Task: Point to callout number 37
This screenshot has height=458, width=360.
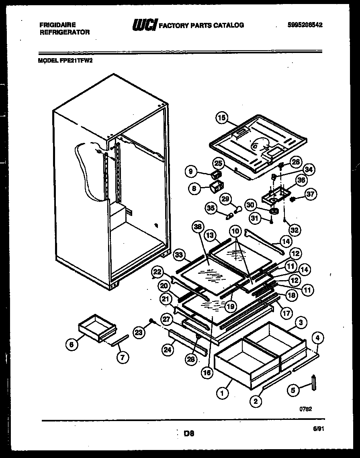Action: click(x=311, y=195)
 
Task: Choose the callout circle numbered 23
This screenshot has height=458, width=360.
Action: click(x=139, y=332)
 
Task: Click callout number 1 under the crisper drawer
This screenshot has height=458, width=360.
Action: click(x=221, y=394)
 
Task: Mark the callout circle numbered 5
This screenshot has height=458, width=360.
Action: click(x=294, y=389)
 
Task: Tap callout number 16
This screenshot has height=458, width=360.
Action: click(x=207, y=373)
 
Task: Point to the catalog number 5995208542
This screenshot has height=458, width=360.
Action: click(x=305, y=25)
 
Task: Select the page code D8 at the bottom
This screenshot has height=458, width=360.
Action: click(x=189, y=434)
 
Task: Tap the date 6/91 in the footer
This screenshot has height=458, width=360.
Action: click(x=318, y=429)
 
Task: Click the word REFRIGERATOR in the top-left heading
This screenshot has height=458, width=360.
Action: click(x=64, y=32)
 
